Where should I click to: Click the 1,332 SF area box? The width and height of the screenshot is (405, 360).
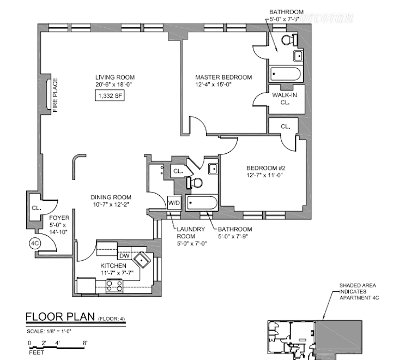(108, 96)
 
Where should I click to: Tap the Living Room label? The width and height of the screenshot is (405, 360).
(114, 80)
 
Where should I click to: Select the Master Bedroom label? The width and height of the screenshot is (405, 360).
(223, 81)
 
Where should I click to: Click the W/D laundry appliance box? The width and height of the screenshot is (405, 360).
(174, 202)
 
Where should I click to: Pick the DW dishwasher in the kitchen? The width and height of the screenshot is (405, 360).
(124, 255)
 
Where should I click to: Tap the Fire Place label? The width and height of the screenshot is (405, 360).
(55, 98)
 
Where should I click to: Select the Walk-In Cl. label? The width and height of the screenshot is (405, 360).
(284, 99)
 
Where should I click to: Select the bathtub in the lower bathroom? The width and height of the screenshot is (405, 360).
(202, 203)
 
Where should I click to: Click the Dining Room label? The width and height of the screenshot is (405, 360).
(111, 201)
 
